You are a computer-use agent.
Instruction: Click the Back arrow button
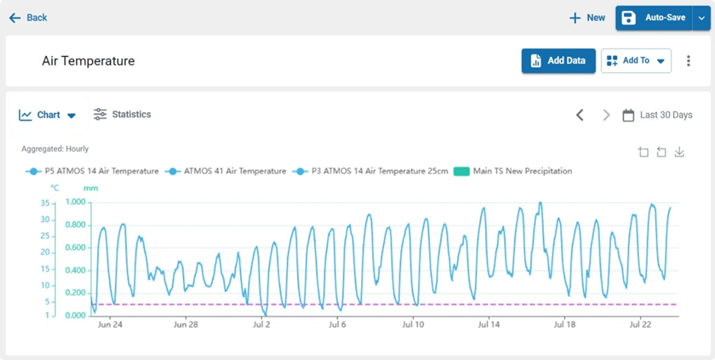tap(28, 18)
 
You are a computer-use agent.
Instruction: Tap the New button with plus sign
tap(587, 18)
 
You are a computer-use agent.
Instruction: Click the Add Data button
tap(559, 60)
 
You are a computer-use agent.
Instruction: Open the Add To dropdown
tap(636, 60)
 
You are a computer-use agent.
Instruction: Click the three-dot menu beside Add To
tap(689, 60)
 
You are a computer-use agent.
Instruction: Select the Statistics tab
tap(123, 114)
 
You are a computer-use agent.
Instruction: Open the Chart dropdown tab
tap(48, 115)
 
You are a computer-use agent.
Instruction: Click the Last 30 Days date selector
tap(657, 115)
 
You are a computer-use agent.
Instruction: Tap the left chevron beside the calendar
tap(580, 115)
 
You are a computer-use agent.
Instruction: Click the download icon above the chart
tap(679, 152)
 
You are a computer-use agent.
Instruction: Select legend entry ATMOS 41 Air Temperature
tap(225, 171)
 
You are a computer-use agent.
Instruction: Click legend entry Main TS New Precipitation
tap(513, 171)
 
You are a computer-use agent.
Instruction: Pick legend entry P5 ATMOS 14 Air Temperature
tap(92, 171)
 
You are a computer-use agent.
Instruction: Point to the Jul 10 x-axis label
tap(413, 324)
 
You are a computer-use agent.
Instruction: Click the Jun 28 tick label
tap(186, 324)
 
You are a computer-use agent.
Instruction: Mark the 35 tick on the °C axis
tap(45, 203)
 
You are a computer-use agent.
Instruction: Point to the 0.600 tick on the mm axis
tap(75, 247)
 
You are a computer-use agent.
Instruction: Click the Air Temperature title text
tap(89, 60)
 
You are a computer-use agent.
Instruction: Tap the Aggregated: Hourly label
tap(55, 149)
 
